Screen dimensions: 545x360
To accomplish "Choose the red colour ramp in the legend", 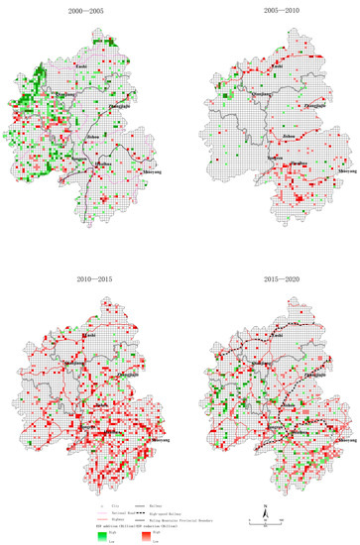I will coord(146,536).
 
